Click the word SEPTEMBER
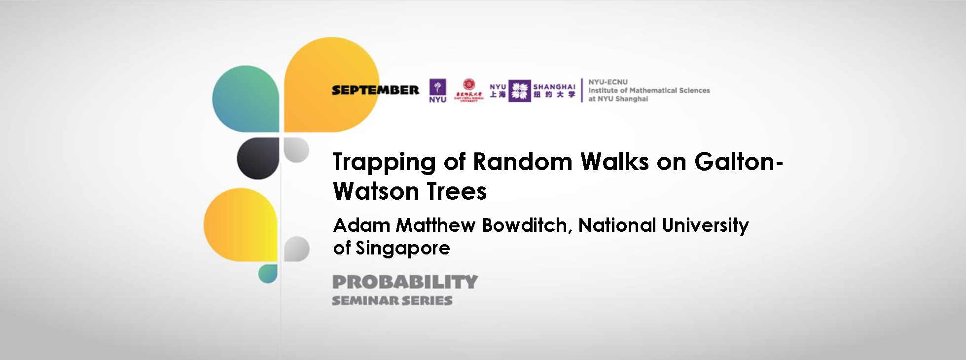(x=375, y=90)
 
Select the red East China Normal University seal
(x=469, y=85)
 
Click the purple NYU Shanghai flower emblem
(x=519, y=91)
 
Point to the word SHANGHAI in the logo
(x=554, y=87)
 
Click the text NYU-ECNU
(x=608, y=82)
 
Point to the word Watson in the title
(x=374, y=191)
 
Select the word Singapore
(x=402, y=248)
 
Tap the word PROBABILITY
(x=405, y=282)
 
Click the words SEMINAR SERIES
(x=392, y=300)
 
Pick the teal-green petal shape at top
(x=246, y=99)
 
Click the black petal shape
(x=258, y=158)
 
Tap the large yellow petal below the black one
(x=241, y=225)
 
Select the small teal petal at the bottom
(x=268, y=274)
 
